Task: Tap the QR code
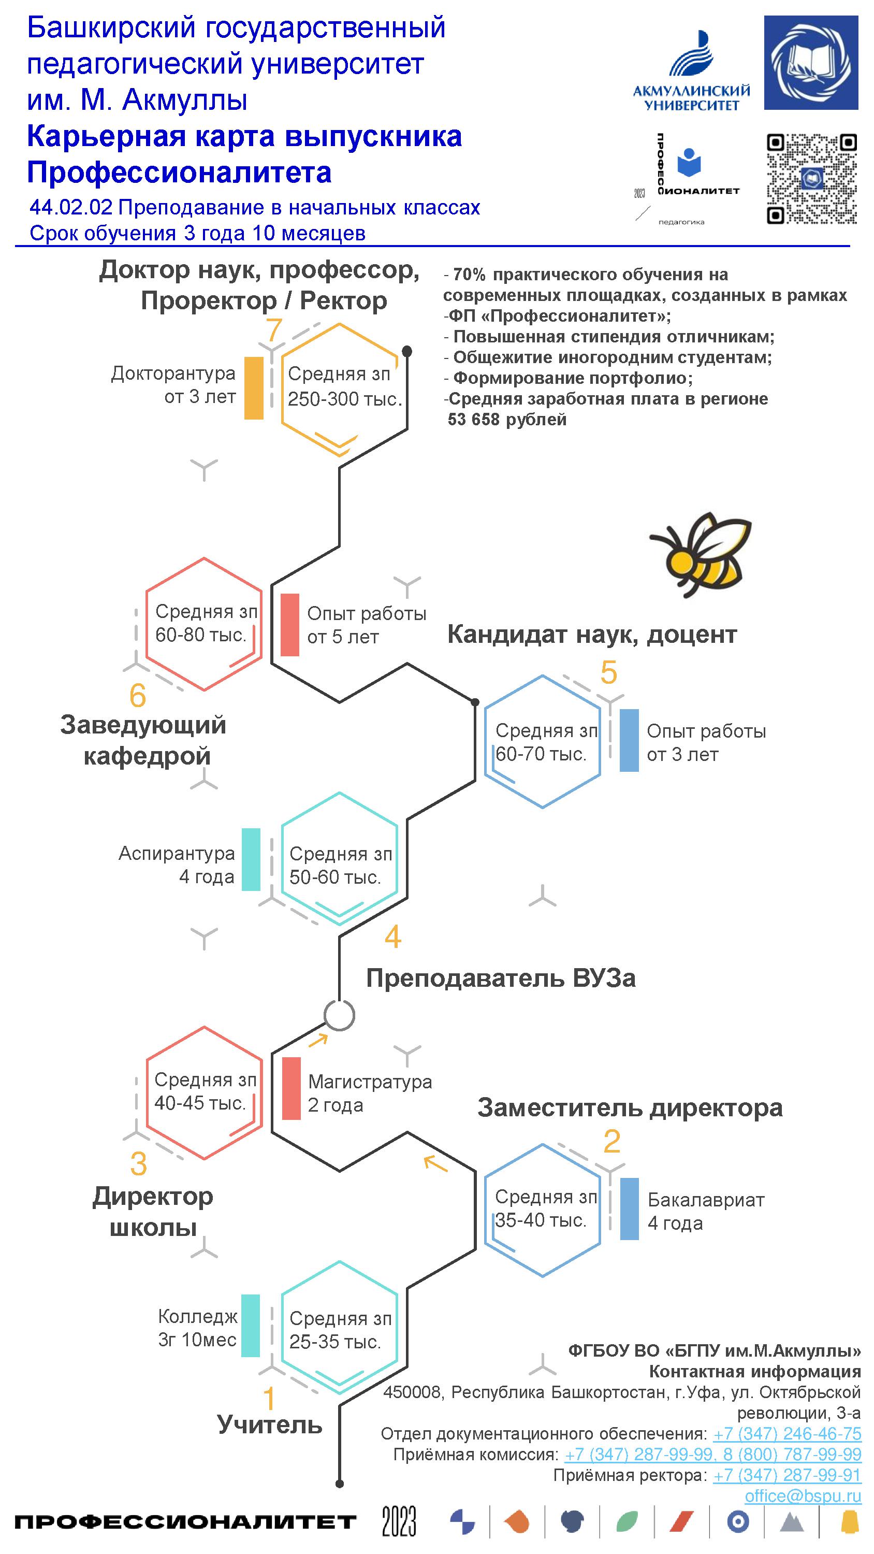811,179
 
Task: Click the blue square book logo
811,63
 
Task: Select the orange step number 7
274,330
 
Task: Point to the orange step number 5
608,673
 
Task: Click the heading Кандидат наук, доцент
592,635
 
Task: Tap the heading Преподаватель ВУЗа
501,978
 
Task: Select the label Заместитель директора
630,1107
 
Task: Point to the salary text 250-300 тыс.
344,399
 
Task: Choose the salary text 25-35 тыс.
335,1342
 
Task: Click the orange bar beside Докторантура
254,388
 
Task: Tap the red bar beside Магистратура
292,1088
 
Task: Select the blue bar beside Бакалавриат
629,1209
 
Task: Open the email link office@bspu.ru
802,1495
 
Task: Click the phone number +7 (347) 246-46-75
786,1433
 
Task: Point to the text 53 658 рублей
507,419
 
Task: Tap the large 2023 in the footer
399,1521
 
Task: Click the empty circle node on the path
339,1015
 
